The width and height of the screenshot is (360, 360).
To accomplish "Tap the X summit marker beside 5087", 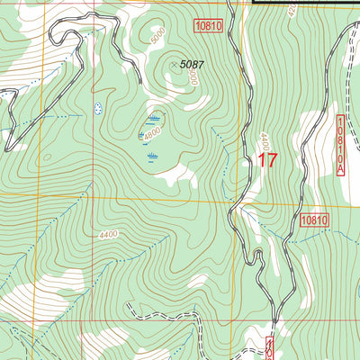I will pyautogui.click(x=174, y=65).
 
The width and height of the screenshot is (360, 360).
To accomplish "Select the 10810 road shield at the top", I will pyautogui.click(x=207, y=27).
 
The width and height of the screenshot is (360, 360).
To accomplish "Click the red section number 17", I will pyautogui.click(x=267, y=161).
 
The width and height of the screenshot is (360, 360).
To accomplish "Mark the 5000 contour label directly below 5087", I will pyautogui.click(x=192, y=79).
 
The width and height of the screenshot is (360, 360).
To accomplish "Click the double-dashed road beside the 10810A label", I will pyautogui.click(x=326, y=135).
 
